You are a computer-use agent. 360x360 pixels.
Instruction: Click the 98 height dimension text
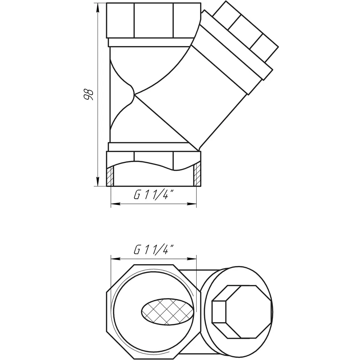[x=88, y=94]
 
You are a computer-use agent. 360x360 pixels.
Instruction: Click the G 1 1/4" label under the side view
[x=154, y=195]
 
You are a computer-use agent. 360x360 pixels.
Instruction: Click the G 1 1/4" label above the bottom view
[x=154, y=250]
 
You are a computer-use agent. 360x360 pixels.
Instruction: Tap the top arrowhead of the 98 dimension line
[x=98, y=8]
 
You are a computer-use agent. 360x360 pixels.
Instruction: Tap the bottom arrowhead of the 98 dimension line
[x=98, y=181]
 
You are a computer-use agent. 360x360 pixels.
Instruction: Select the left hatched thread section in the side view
[x=110, y=176]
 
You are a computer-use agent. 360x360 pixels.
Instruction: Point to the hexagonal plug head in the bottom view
[x=242, y=312]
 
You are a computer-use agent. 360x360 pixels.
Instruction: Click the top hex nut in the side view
[x=154, y=21]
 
